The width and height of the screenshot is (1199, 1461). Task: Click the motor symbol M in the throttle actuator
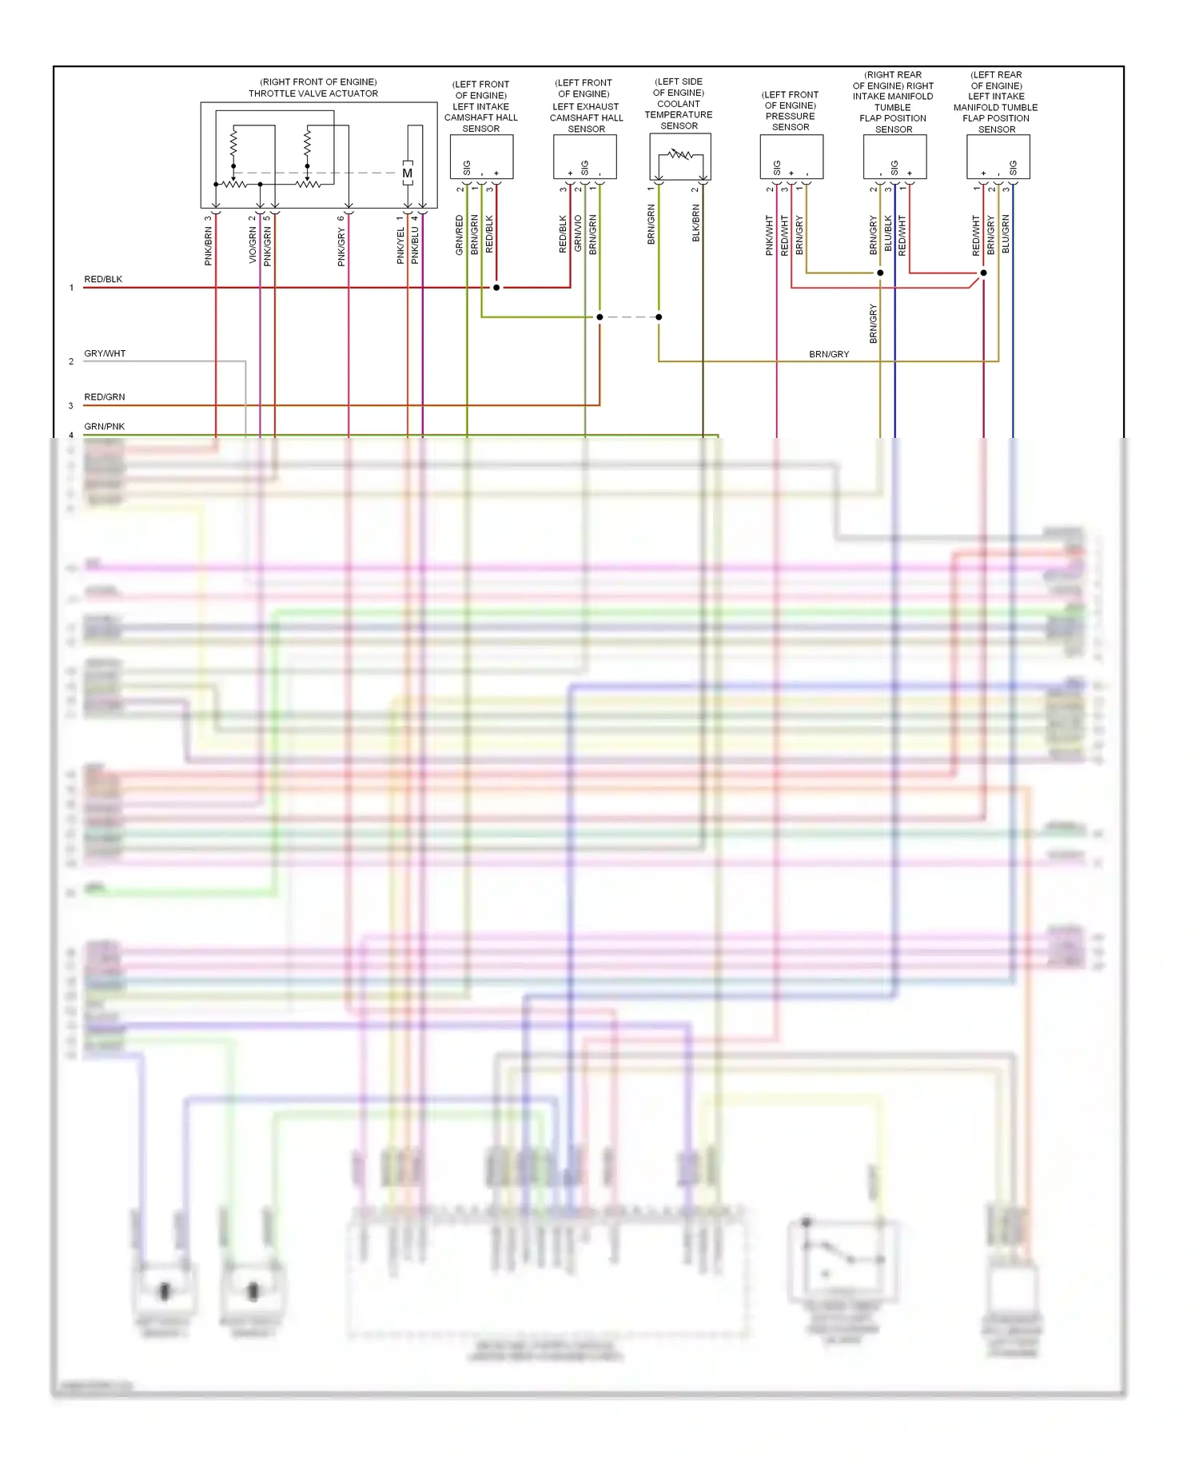pos(408,173)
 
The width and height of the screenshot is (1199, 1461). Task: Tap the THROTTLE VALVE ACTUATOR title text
pos(313,94)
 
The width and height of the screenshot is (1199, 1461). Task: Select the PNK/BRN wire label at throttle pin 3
pos(209,245)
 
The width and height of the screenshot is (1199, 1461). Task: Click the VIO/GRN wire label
pos(253,245)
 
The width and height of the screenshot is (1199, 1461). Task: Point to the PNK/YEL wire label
pos(400,245)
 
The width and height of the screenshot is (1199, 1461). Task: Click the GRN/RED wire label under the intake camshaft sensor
pos(460,235)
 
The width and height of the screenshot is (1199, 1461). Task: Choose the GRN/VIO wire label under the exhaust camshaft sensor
pos(578,234)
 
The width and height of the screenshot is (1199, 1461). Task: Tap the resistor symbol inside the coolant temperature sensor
pos(680,154)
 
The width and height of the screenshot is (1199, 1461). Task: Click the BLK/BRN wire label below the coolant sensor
pos(696,223)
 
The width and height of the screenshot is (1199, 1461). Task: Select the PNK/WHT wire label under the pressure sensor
pos(770,235)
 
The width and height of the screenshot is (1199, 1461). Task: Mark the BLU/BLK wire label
pos(888,234)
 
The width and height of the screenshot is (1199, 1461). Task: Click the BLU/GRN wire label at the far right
pos(1006,234)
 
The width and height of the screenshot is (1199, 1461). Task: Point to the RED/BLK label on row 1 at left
pos(103,280)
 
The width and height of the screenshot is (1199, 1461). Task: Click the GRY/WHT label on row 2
pos(105,353)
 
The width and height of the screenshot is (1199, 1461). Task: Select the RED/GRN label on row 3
pos(105,397)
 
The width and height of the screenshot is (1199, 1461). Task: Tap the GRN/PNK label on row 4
pos(105,427)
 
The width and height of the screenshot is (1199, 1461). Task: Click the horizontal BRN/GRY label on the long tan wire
pos(829,354)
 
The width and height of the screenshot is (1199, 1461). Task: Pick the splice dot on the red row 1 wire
pos(496,287)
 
